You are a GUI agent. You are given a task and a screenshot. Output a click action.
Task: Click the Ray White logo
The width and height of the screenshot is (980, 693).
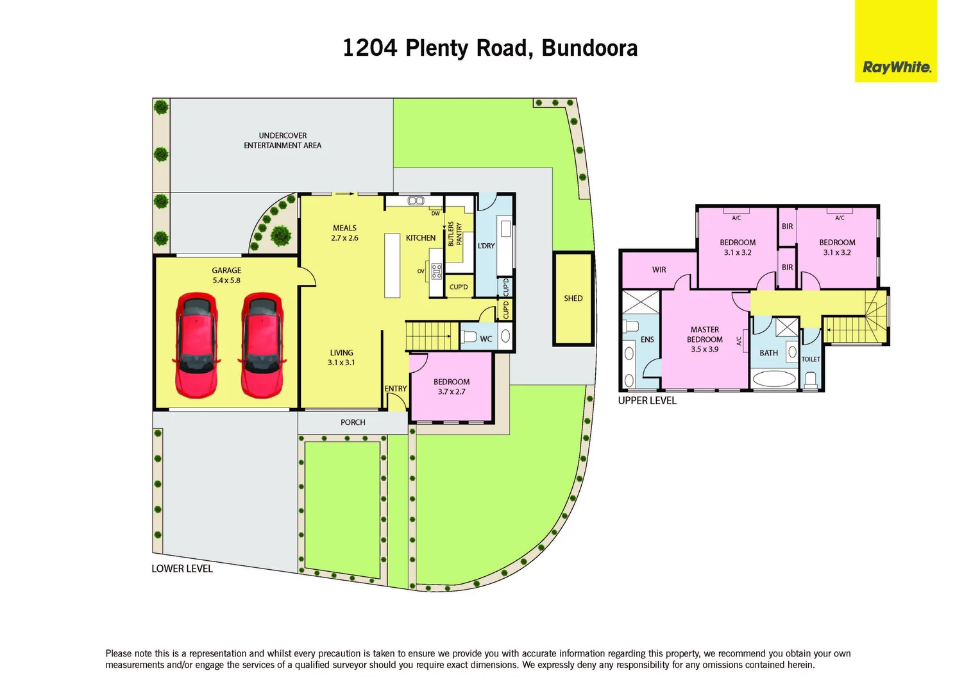[896, 67]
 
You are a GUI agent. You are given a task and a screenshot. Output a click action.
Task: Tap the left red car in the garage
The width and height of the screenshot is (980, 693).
[196, 345]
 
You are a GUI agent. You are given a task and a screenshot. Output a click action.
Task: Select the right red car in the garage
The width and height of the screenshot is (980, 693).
[262, 345]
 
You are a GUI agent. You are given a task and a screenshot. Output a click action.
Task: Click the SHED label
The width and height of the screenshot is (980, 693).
[573, 298]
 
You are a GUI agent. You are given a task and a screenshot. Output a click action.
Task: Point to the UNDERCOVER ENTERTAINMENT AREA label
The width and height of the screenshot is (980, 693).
[283, 141]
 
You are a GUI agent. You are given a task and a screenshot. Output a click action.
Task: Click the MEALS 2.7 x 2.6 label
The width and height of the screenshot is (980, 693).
[344, 233]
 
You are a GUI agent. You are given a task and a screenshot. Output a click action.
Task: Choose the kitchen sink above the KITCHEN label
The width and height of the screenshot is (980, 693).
[416, 201]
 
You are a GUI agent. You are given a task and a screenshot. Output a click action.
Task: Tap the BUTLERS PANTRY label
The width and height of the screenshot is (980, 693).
[455, 234]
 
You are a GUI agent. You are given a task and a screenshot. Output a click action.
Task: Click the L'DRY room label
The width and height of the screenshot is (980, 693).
[486, 246]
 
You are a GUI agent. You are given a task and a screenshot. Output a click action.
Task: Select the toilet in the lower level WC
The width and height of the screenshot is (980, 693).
[468, 337]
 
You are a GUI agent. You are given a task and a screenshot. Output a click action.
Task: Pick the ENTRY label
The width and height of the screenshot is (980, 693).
[396, 389]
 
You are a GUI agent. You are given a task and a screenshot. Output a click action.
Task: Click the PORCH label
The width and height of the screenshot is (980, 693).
[353, 422]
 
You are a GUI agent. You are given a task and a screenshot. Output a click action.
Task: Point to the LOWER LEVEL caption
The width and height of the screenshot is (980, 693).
[182, 569]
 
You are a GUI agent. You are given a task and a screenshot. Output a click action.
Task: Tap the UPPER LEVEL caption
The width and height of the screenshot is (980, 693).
[647, 400]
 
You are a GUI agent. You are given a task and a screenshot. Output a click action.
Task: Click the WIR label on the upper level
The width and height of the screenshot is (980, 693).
[659, 269]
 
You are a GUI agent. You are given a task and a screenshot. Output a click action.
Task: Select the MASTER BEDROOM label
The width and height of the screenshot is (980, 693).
[705, 339]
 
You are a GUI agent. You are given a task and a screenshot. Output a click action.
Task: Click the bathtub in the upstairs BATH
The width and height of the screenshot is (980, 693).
[774, 379]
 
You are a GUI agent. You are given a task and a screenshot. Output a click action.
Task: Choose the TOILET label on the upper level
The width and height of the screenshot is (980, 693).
[811, 359]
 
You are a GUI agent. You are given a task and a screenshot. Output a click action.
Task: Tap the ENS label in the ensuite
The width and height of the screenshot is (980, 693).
[647, 339]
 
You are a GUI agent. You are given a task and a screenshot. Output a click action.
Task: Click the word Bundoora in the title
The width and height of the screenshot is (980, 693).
[589, 48]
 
